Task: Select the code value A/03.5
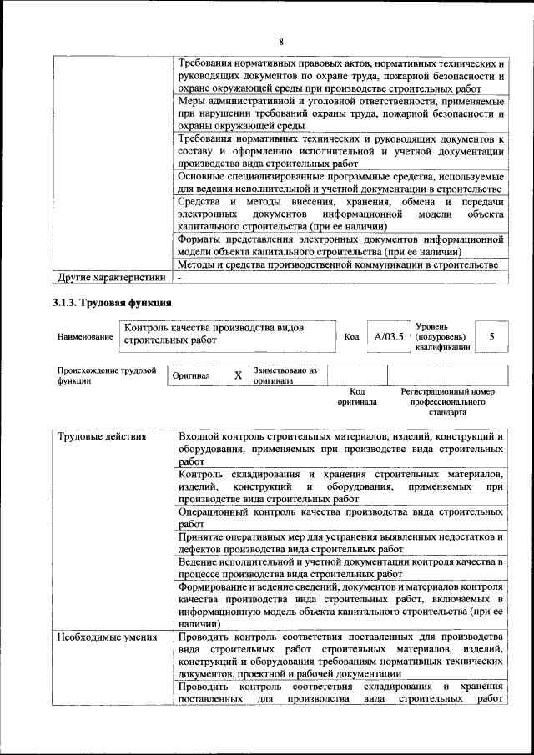click(389, 336)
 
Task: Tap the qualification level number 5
click(492, 336)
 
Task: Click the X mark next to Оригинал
click(238, 375)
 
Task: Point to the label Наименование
click(85, 337)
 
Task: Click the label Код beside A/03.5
click(351, 336)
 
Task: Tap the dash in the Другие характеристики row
click(179, 277)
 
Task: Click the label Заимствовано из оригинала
click(285, 375)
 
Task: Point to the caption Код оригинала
click(357, 396)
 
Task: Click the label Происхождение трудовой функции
click(107, 375)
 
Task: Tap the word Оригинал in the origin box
click(191, 376)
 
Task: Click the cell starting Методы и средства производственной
click(340, 264)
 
